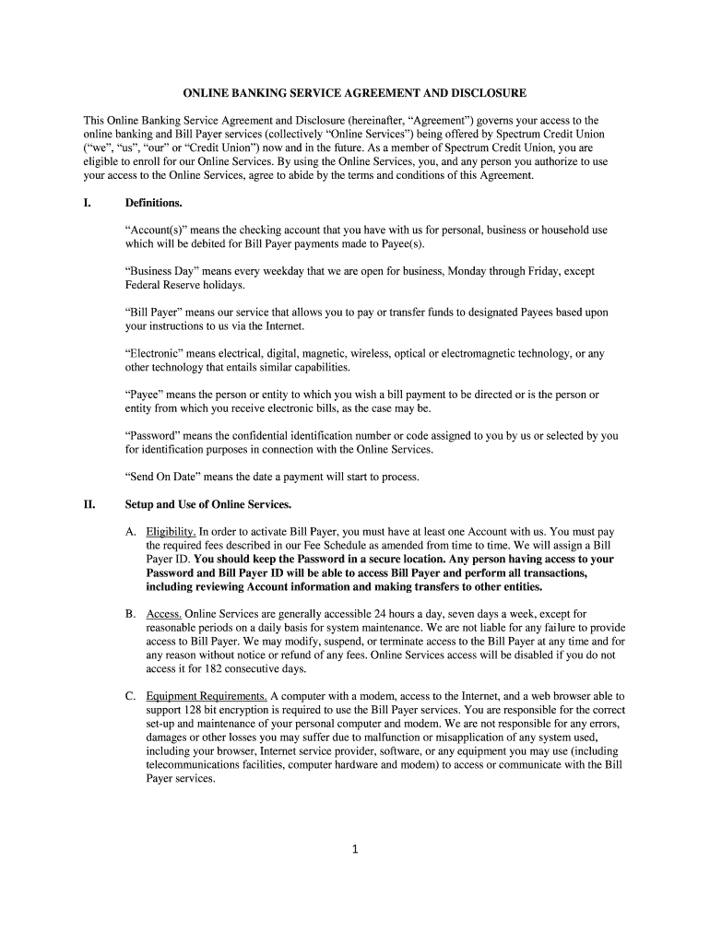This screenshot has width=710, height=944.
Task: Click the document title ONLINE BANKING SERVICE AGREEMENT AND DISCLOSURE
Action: (354, 93)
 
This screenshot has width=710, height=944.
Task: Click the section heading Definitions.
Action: (154, 203)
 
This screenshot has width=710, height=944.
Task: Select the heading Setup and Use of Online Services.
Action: (208, 504)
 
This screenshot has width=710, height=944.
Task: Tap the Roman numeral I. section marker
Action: (88, 203)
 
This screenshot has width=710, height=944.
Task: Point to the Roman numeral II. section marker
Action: (89, 504)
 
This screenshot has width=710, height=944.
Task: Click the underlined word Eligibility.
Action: (171, 532)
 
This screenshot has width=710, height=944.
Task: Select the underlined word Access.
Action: (164, 614)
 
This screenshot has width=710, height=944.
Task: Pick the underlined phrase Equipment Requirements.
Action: (207, 696)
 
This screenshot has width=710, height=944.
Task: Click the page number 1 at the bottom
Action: (354, 849)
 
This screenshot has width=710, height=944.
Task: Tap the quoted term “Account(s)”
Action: (155, 230)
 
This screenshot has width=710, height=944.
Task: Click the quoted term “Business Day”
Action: (157, 271)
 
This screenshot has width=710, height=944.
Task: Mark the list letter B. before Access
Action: (132, 614)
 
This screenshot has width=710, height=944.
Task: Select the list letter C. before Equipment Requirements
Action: (132, 696)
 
